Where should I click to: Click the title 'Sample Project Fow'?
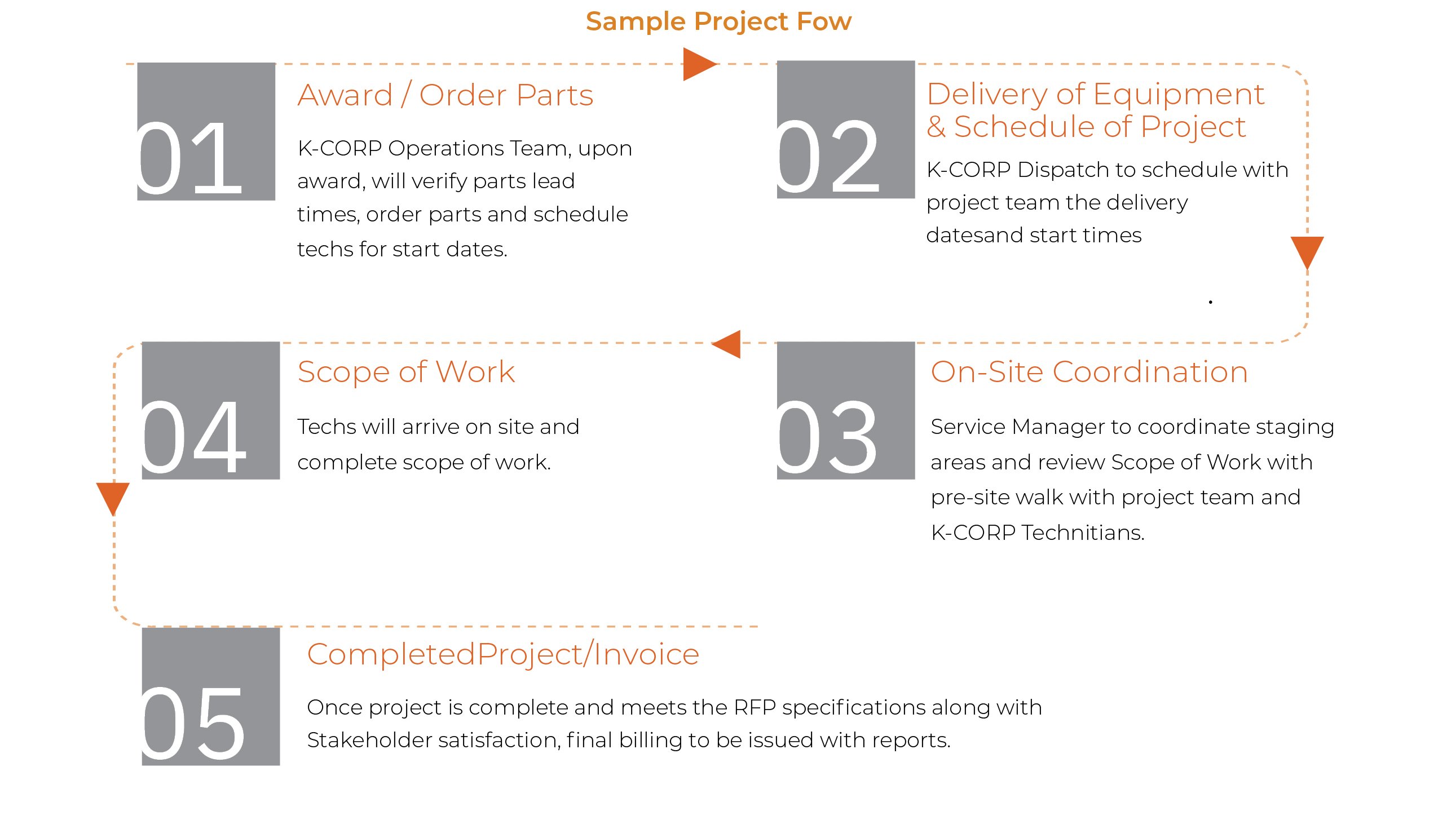click(x=718, y=22)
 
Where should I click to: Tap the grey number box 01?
click(x=206, y=131)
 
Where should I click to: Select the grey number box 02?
click(x=845, y=130)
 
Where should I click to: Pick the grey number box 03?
click(x=845, y=410)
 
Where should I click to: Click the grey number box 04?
click(x=210, y=410)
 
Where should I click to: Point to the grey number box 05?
click(x=210, y=696)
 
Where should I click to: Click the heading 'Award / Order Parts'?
click(x=445, y=95)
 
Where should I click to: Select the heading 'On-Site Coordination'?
click(x=1089, y=372)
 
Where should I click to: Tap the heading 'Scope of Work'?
click(x=406, y=372)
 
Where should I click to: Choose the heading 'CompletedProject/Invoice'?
click(x=502, y=654)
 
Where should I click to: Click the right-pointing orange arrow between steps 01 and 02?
click(x=698, y=64)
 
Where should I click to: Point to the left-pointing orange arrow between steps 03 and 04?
click(x=727, y=344)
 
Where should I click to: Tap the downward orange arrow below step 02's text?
click(x=1307, y=251)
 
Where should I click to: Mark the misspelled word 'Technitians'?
click(x=1083, y=533)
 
